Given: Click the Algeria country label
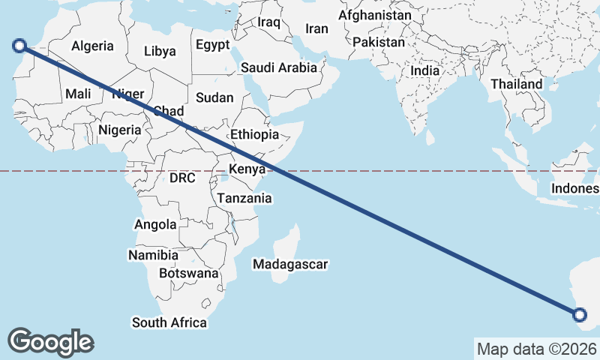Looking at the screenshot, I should (93, 46).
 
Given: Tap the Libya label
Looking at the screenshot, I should (160, 52).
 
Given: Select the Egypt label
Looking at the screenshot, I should (213, 45).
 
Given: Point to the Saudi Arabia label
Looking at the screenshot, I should (279, 67).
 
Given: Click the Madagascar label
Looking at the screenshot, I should (291, 265).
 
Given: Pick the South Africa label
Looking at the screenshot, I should (169, 322).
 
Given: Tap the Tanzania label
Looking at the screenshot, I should (244, 199).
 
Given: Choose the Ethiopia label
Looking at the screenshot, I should (255, 135).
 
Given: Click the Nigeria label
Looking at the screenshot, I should (120, 130).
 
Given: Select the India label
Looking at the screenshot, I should (425, 71).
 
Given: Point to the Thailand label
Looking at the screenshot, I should (517, 85).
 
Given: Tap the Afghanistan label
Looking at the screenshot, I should (375, 15).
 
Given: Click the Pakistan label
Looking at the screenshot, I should (378, 43).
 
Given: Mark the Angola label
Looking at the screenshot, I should (155, 224).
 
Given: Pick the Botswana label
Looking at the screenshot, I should (188, 274).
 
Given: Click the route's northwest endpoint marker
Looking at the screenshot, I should (19, 46).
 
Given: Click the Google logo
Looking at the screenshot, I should (51, 342).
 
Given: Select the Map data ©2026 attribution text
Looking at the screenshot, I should (537, 349).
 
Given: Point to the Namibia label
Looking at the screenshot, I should (153, 256).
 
